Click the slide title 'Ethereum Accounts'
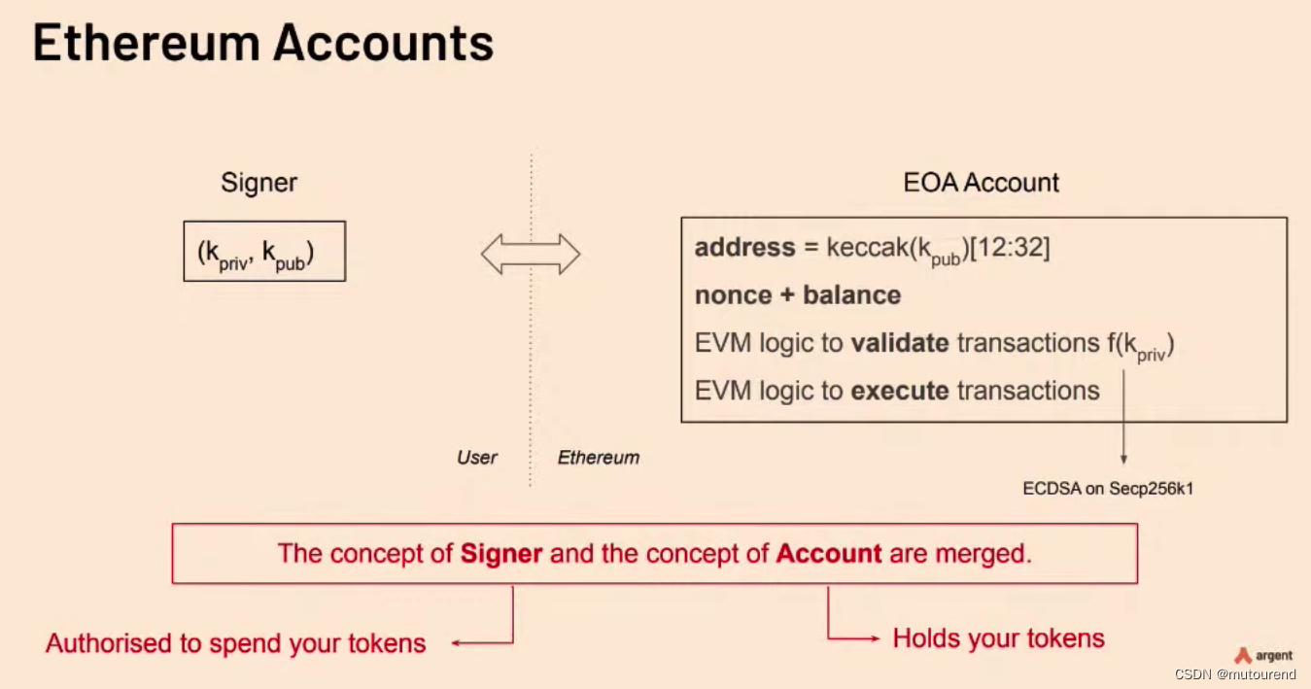263,44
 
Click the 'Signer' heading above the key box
259,183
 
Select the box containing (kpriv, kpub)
264,253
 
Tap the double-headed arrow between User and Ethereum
531,255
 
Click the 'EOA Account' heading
981,183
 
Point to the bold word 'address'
744,248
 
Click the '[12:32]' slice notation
1011,248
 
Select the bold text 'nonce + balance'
798,295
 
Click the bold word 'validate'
900,343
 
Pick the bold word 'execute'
900,391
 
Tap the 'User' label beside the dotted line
477,458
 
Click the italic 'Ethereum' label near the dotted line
599,458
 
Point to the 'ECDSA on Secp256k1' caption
1108,489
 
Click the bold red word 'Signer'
501,554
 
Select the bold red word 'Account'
829,554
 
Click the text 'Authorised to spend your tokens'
236,643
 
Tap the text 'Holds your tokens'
998,638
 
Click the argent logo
1263,656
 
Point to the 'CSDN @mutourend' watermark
1234,674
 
